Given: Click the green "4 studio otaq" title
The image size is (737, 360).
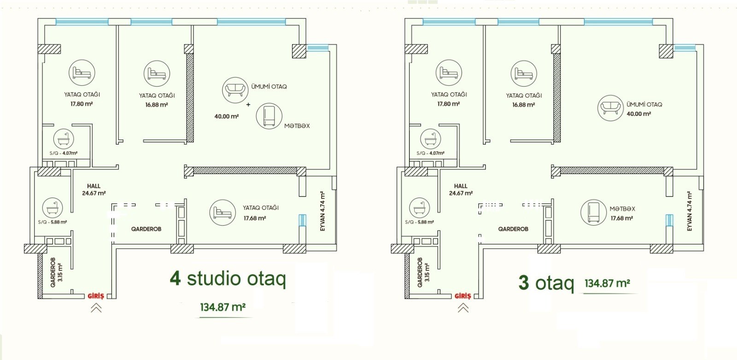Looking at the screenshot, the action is [228, 279].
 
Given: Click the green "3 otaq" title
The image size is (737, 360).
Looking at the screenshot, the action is [546, 282].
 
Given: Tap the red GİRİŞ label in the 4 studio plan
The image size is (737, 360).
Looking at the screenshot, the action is [96, 296].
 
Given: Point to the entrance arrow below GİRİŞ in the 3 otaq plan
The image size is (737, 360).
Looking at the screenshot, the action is [463, 308].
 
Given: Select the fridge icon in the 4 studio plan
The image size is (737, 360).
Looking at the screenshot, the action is [269, 116].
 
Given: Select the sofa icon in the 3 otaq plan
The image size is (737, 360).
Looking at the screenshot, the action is [610, 108].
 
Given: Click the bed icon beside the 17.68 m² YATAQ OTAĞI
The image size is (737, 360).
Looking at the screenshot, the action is [222, 212].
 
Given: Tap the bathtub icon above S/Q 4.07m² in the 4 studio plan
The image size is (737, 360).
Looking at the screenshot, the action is [64, 139].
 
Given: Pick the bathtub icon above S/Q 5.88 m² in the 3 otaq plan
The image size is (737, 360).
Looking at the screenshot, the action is [420, 208].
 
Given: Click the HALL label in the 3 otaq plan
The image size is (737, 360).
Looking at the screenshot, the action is [461, 186].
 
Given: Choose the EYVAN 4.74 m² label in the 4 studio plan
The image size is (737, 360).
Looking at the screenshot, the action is [322, 211].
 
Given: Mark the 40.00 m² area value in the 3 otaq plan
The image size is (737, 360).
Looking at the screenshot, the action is [638, 114].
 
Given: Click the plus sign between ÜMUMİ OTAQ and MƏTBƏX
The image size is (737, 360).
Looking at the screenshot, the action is [248, 105].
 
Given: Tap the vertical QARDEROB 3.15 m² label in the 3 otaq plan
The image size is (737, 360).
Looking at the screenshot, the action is [423, 272].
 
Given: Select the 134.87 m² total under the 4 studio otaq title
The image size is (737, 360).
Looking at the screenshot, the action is [223, 307].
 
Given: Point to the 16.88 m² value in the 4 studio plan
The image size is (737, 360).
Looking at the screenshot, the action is [157, 105].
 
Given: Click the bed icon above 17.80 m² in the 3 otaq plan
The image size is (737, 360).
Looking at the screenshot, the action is [449, 73].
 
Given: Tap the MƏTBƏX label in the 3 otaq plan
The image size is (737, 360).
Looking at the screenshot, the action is [622, 209].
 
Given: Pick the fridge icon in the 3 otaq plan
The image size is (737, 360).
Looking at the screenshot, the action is [593, 212].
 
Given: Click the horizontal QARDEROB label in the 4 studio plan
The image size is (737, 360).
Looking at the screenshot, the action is [146, 229].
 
